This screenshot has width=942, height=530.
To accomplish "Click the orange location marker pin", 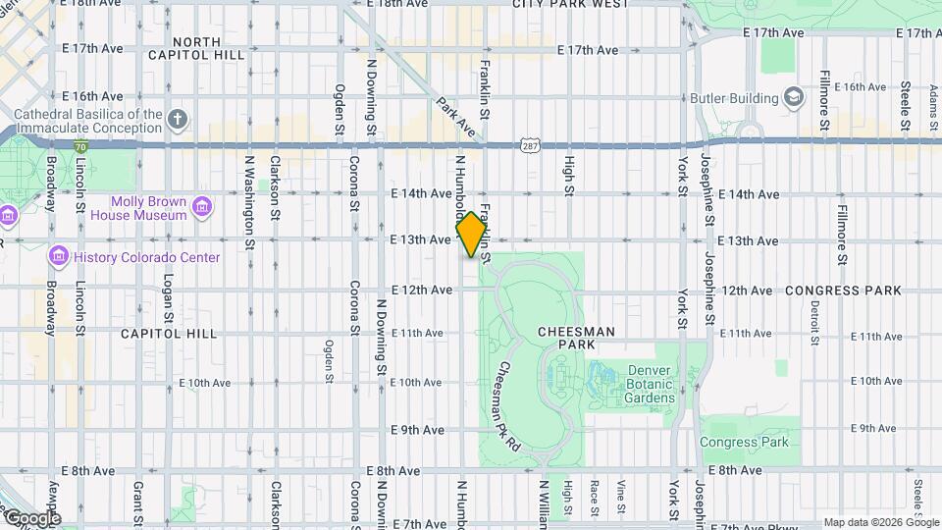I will point(472,235).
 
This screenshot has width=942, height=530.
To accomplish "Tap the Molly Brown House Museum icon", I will point(202,206).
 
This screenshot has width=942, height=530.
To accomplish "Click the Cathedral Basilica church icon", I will point(177,120).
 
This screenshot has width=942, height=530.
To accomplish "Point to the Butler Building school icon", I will point(793,97).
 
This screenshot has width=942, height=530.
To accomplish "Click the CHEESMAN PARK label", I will point(577,332).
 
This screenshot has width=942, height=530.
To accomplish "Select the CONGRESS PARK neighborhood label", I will point(843,291).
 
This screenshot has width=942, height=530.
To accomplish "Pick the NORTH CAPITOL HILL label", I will point(209,48).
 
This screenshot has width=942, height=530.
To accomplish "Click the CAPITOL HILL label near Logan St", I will point(169,334).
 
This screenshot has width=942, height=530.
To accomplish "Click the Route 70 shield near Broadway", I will point(80,146).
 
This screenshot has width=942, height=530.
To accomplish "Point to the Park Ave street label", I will point(456,117).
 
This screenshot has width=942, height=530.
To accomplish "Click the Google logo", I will point(31,517).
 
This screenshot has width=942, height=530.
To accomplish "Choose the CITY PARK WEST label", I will point(570,4).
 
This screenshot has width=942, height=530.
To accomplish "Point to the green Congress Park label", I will point(744,442).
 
